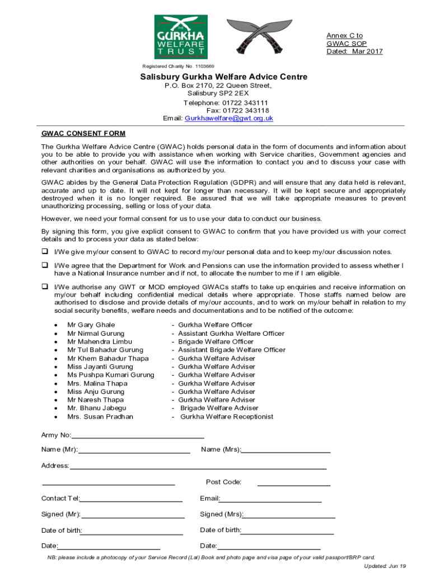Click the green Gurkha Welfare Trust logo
(x=181, y=37)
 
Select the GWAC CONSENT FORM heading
(x=83, y=134)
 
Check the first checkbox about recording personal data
(x=44, y=252)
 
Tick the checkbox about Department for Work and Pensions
(x=44, y=265)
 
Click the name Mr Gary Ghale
(x=91, y=325)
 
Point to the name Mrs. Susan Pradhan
(x=100, y=417)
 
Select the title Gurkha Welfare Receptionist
(x=227, y=417)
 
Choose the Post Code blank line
(x=293, y=483)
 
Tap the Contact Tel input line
(x=131, y=499)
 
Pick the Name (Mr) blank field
(x=134, y=450)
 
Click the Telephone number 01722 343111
(x=226, y=103)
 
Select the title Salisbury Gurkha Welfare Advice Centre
(x=223, y=77)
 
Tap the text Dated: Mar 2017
(x=355, y=51)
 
